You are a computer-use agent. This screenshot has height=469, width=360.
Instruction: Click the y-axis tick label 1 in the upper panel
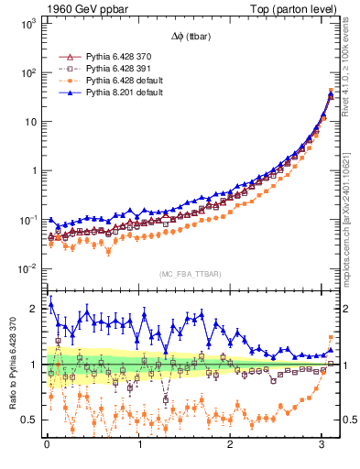(32, 171)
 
